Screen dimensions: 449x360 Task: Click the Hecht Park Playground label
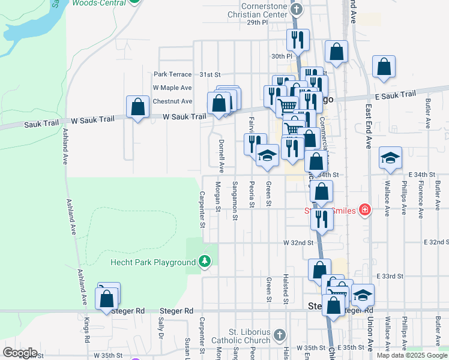click(153, 262)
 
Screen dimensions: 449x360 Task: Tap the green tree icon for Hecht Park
click(205, 262)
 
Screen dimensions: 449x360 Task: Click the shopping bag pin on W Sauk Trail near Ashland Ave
click(138, 108)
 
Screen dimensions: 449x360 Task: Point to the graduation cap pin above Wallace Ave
click(390, 158)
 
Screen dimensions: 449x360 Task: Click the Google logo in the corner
click(20, 353)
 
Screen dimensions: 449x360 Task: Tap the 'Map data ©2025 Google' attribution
click(411, 355)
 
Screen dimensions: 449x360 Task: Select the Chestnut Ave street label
click(172, 101)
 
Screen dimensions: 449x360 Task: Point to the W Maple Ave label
click(172, 88)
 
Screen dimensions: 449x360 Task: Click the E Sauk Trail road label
click(395, 95)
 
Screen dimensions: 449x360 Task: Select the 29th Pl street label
click(256, 22)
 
